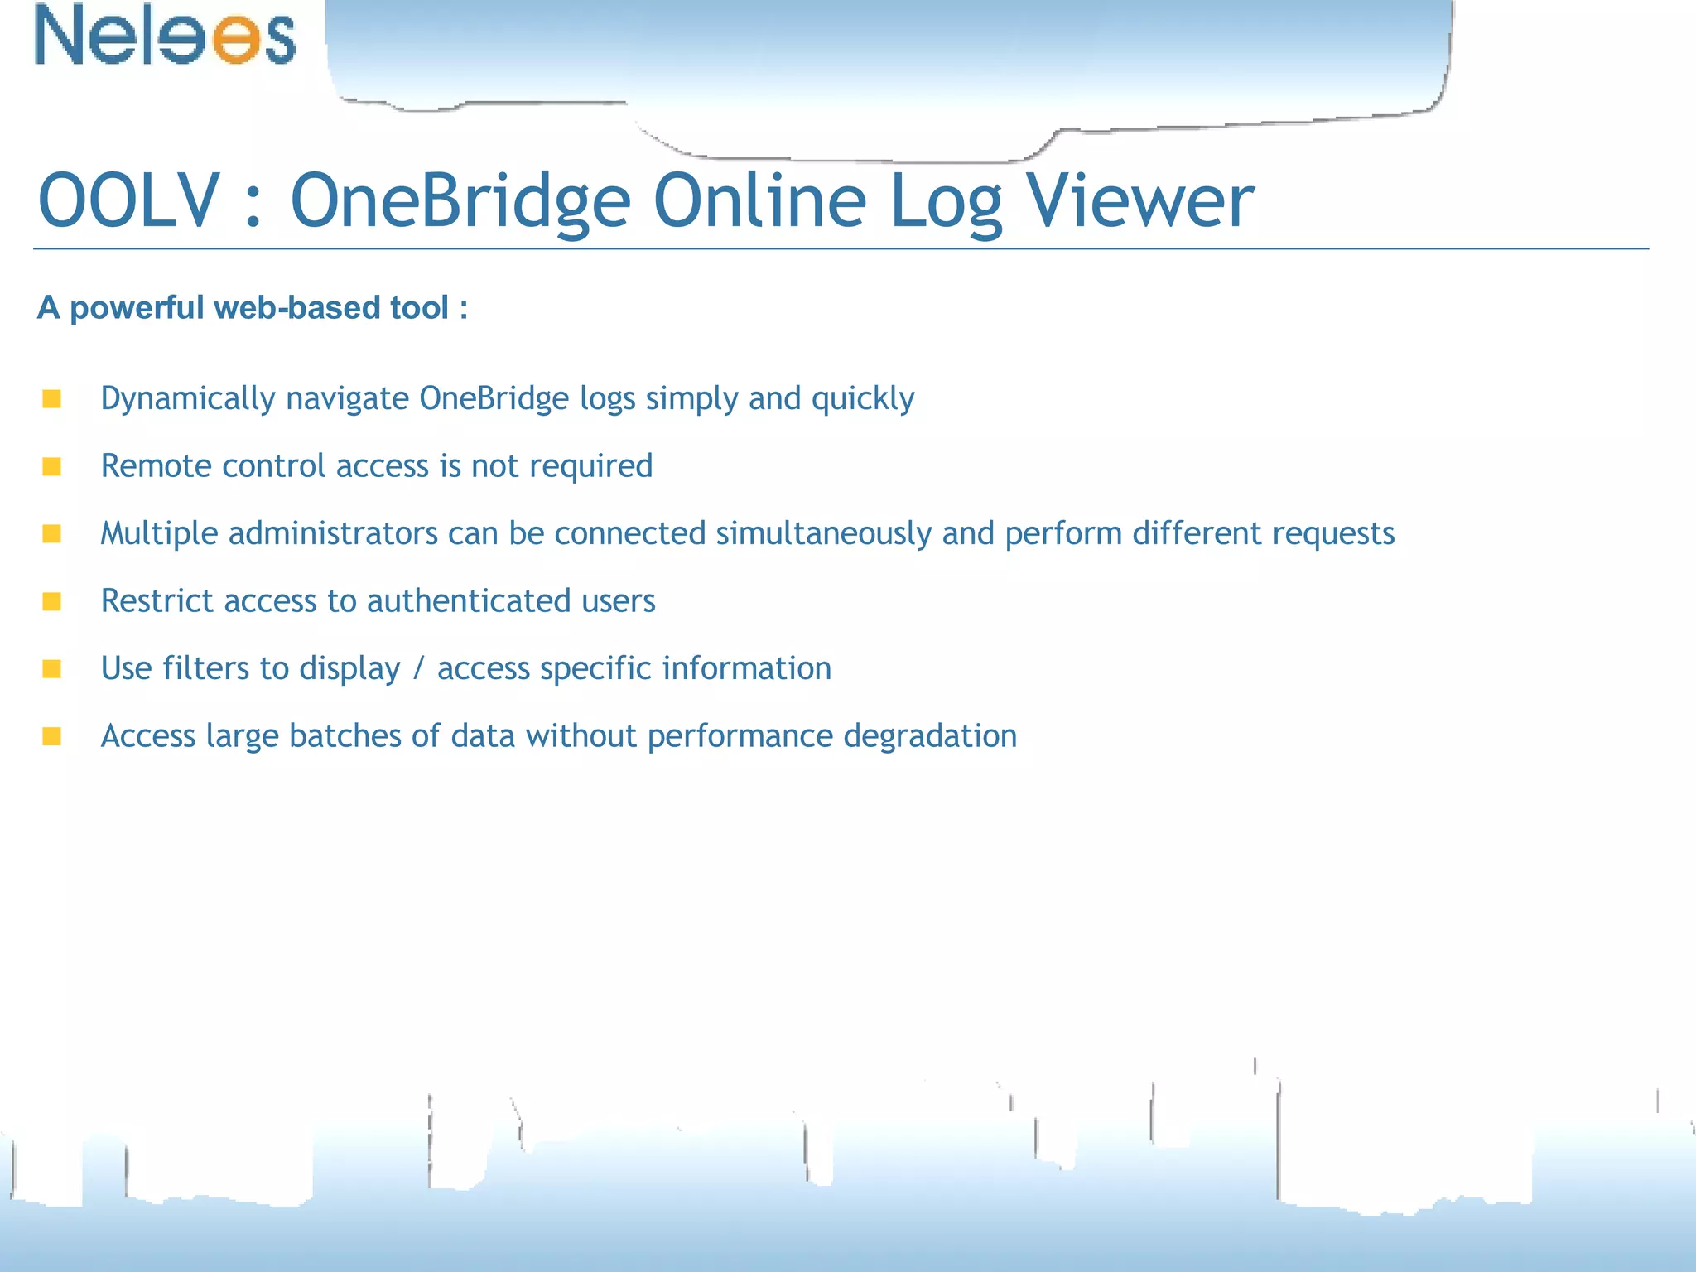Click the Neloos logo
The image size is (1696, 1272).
pos(165,35)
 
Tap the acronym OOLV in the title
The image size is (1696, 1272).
pos(129,201)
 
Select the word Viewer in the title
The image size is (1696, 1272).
pos(1140,201)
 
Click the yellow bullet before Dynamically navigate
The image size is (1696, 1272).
pos(52,399)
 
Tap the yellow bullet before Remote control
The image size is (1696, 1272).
pos(52,467)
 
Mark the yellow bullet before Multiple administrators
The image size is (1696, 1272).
pos(52,534)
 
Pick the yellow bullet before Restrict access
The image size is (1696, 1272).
pos(52,601)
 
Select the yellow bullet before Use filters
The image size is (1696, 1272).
pos(52,669)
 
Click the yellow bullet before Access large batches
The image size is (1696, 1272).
pos(52,736)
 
